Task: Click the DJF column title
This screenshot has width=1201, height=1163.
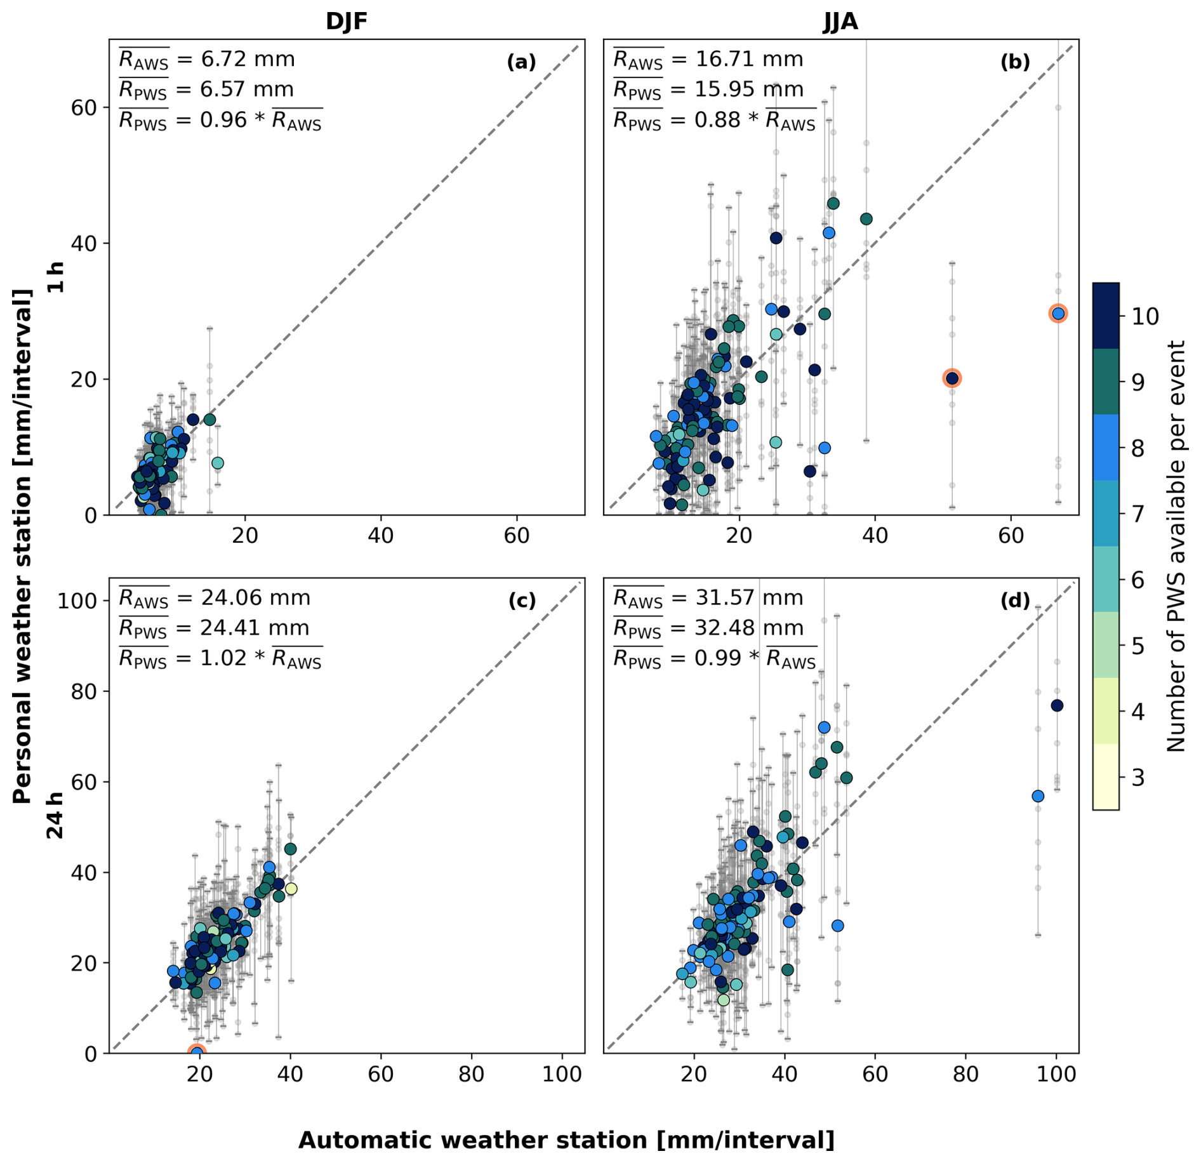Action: click(x=346, y=22)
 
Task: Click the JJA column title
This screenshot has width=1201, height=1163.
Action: click(x=840, y=22)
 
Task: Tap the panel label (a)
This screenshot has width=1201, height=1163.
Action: click(x=521, y=62)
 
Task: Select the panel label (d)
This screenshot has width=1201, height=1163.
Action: click(x=1015, y=600)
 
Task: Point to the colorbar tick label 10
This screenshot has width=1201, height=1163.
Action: click(x=1145, y=316)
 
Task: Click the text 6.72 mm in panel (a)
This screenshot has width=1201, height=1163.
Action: click(x=248, y=59)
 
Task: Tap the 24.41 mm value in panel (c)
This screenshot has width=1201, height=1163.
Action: click(x=255, y=628)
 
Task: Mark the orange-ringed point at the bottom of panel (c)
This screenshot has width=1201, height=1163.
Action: click(x=197, y=1053)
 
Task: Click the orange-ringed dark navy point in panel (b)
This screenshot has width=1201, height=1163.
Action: click(x=952, y=378)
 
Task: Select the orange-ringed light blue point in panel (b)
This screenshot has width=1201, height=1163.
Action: click(x=1058, y=313)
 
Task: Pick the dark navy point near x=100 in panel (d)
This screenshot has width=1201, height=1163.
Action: click(x=1056, y=705)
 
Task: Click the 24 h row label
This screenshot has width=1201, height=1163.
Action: click(x=56, y=815)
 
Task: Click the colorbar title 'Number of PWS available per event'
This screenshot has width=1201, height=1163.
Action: click(x=1176, y=546)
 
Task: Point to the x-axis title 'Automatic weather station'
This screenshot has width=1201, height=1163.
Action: click(x=566, y=1140)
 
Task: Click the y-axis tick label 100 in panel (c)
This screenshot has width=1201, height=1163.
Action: click(x=77, y=601)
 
